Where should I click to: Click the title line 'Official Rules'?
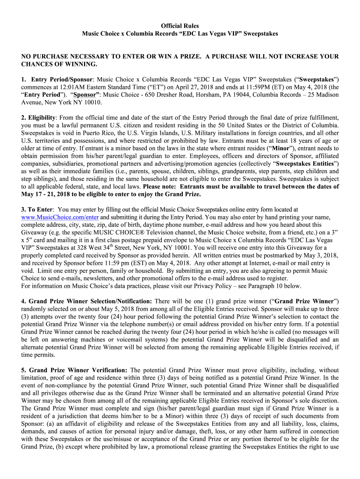(180, 26)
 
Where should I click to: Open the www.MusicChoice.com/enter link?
(60, 218)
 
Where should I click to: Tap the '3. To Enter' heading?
(37, 210)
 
